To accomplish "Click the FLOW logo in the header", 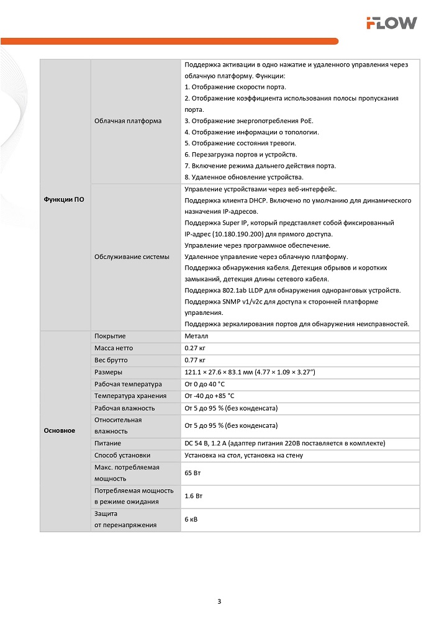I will (x=391, y=23).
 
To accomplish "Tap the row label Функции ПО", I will (x=64, y=199).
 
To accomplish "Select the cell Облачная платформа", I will (x=128, y=120).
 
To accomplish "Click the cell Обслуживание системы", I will (x=132, y=256).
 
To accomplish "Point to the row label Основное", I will (x=60, y=430).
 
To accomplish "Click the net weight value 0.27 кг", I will (x=195, y=348).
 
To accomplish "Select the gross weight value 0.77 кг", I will (x=195, y=360).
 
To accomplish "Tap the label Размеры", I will (x=108, y=372).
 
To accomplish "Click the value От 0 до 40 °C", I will (x=209, y=384).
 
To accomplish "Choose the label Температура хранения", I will (x=130, y=396).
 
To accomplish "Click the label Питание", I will (x=107, y=443).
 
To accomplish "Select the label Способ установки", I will (x=122, y=455).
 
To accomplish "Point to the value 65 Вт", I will (x=193, y=473).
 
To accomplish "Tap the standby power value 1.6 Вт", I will (x=194, y=496).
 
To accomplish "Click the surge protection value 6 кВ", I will (x=191, y=520).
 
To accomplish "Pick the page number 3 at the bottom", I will (x=219, y=601).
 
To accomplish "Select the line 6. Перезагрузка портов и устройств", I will (x=241, y=154).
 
